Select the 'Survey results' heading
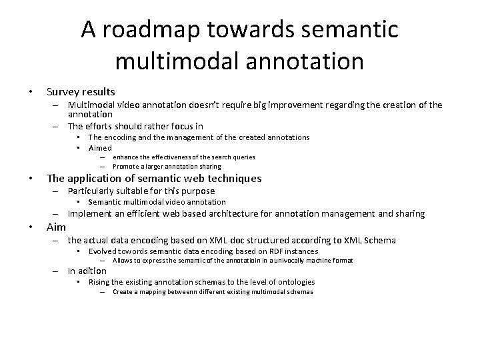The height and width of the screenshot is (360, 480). pos(80,91)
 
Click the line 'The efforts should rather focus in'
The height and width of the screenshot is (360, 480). pos(135,126)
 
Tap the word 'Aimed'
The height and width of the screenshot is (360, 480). pos(101,147)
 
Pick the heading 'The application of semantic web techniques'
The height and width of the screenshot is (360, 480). pos(153,178)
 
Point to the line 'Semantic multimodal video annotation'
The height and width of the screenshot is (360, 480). pos(157,202)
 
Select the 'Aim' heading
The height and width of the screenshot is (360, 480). pos(56,227)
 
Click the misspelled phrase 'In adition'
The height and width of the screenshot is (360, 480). pos(87,271)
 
